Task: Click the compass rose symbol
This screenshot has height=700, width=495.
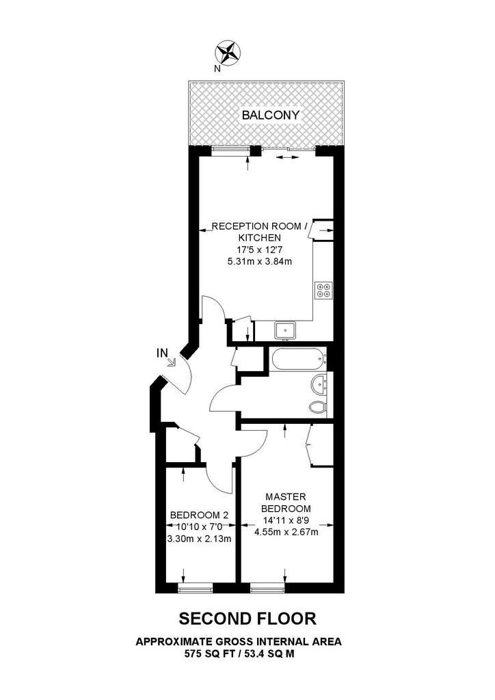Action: coord(228,51)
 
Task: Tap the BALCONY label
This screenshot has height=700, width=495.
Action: coord(271,115)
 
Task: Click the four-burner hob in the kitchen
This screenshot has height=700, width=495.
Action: coord(323,290)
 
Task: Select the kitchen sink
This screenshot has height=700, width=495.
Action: coord(285,330)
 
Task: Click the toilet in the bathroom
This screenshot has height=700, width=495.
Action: coord(318,407)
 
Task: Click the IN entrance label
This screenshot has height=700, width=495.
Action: coord(162,353)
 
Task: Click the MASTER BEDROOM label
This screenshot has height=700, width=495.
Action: coord(286,502)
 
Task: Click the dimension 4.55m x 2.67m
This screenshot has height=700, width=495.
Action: coord(286,532)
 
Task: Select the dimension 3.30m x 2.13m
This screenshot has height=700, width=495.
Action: coord(199,539)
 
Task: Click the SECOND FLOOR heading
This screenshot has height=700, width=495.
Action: coord(247,619)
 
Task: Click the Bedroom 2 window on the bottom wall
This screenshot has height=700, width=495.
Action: coord(195,589)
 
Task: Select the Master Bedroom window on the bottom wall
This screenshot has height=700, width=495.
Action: coord(267,589)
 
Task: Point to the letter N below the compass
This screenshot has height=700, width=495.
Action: coord(217,69)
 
